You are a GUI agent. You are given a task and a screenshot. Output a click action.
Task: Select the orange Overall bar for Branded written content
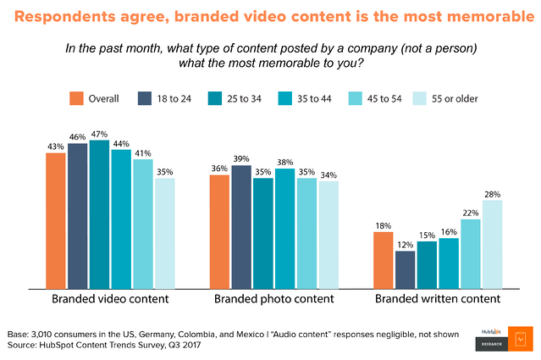pyautogui.click(x=384, y=260)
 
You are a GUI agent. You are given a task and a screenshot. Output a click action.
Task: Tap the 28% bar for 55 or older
pyautogui.click(x=493, y=245)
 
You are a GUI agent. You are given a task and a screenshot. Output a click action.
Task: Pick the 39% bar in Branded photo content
pyautogui.click(x=240, y=226)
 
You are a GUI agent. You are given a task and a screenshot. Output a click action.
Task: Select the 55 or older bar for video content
pyautogui.click(x=165, y=233)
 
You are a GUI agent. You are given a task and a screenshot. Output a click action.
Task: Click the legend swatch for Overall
pyautogui.click(x=76, y=98)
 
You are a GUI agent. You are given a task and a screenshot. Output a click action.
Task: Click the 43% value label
pyautogui.click(x=56, y=146)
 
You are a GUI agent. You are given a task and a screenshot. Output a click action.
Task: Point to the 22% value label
pyautogui.click(x=471, y=212)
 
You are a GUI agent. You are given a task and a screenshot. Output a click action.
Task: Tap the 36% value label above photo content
pyautogui.click(x=219, y=169)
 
